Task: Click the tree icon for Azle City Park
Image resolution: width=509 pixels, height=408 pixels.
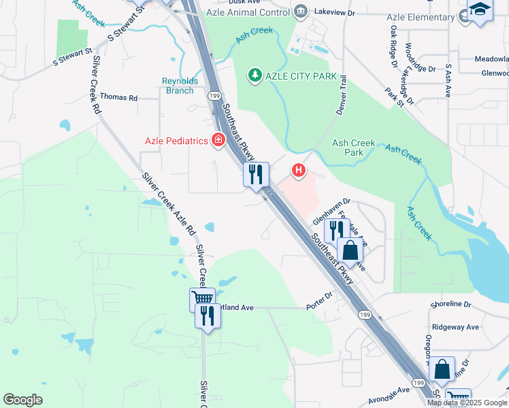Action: (x=255, y=75)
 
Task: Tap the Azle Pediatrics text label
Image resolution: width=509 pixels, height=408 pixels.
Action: (x=176, y=141)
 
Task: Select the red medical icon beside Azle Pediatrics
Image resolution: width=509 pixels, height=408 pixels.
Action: (x=218, y=141)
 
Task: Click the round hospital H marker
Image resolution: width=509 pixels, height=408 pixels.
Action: (x=297, y=169)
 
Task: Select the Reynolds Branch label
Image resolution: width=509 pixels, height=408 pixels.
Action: (x=180, y=86)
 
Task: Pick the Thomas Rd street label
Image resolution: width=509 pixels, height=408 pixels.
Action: (x=118, y=98)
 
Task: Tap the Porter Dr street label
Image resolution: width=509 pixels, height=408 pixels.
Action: (x=319, y=300)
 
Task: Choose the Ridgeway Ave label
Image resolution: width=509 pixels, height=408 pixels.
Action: (x=455, y=327)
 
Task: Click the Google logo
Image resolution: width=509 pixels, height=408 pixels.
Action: (x=23, y=399)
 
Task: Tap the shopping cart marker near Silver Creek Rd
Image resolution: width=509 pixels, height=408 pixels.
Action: (x=201, y=297)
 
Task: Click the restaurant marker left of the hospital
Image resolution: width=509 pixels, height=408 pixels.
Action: (x=257, y=174)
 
